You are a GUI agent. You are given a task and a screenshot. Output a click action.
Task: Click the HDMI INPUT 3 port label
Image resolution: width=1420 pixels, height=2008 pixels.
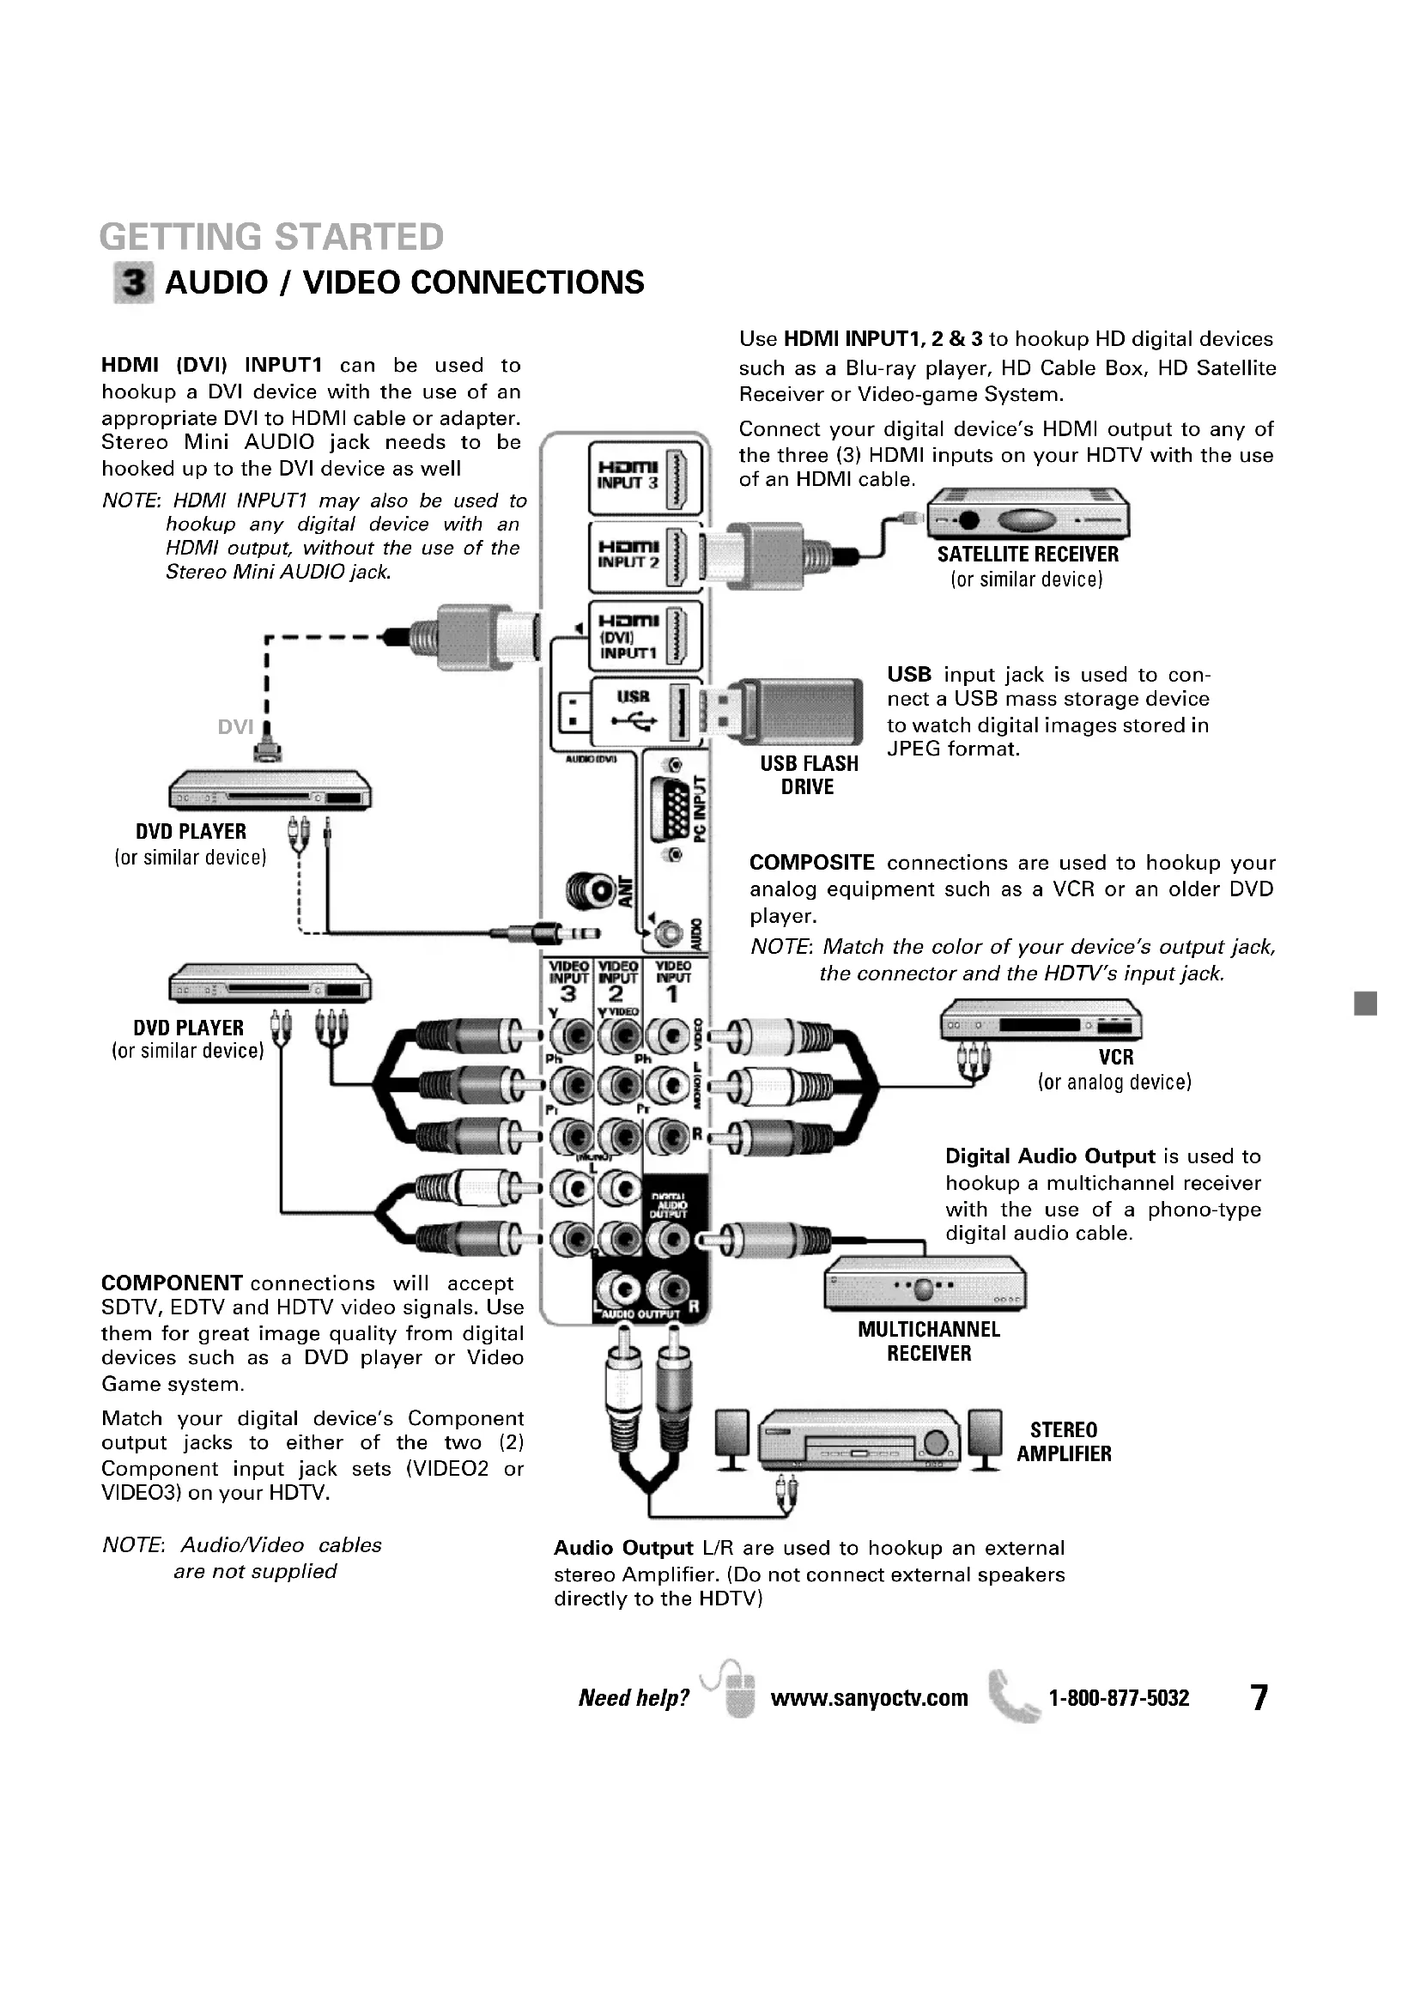628,476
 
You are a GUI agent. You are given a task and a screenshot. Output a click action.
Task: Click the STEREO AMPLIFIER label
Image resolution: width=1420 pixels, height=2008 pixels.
1063,1442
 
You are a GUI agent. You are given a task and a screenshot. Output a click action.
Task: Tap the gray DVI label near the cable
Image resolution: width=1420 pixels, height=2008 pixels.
235,727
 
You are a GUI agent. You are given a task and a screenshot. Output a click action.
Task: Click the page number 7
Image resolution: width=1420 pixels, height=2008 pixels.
1259,1697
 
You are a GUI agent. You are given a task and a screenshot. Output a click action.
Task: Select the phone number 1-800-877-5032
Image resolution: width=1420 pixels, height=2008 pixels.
1119,1698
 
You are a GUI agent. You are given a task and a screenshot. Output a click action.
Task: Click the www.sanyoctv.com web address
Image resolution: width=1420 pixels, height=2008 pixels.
869,1698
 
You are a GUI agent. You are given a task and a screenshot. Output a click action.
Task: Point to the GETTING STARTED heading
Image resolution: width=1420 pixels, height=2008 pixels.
271,237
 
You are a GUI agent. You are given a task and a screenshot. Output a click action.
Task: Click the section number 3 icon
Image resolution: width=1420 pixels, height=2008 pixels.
134,282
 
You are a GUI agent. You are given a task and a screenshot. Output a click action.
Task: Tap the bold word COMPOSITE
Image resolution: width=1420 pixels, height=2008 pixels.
811,862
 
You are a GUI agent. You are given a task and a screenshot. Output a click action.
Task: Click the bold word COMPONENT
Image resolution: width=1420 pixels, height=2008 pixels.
172,1283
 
